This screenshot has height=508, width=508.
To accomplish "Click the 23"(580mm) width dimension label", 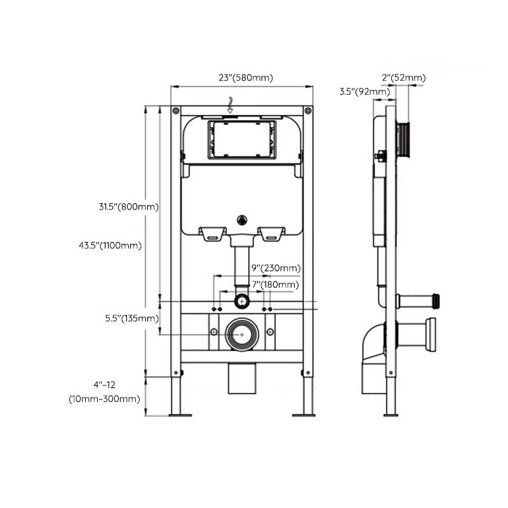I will (245, 78).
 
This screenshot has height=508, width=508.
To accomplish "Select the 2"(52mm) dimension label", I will (403, 78).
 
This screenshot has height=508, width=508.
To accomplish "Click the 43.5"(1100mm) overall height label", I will (120, 246).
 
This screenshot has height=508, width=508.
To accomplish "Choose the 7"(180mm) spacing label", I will (275, 286).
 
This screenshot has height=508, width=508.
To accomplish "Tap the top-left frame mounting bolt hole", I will (175, 110).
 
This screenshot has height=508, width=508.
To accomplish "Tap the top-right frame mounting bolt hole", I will (307, 110).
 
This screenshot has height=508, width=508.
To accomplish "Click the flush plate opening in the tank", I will (241, 139).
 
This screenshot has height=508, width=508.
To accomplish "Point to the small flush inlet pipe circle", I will (241, 300).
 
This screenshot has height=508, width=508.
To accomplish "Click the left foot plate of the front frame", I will (180, 415).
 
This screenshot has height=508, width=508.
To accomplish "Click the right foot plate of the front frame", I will (304, 415).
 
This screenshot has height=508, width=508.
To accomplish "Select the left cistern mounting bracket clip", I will (212, 234).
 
